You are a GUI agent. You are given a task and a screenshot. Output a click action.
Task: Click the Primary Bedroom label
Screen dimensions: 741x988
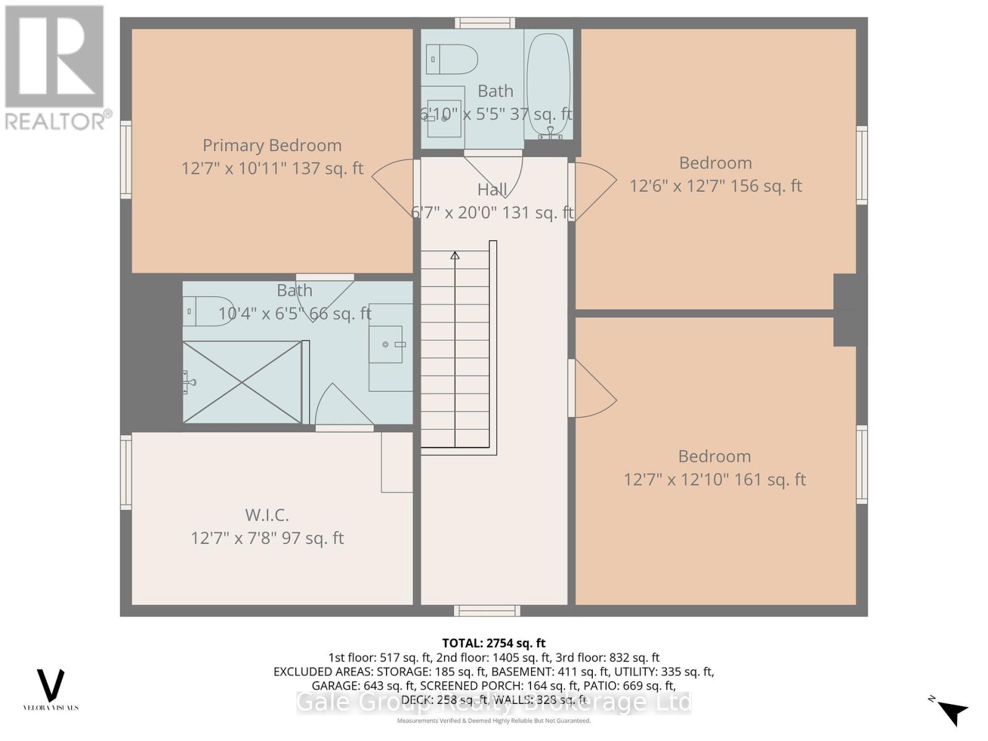(x=272, y=145)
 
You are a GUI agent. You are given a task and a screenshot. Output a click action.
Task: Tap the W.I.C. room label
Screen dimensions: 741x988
(x=267, y=514)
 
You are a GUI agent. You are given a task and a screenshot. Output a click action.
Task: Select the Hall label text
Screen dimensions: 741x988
(x=492, y=190)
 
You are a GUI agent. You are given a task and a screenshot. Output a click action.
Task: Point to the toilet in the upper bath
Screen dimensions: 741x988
(x=452, y=60)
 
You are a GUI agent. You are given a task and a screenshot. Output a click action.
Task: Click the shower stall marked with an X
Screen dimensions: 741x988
(x=242, y=382)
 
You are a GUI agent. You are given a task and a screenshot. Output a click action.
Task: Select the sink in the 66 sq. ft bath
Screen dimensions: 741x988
(x=387, y=345)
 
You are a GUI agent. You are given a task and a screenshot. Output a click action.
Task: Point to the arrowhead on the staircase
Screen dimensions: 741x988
(x=455, y=255)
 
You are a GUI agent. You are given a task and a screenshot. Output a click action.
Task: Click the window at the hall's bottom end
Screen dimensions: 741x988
(x=487, y=611)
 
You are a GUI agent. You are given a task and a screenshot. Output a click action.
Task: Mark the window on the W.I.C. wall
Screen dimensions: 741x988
(x=126, y=472)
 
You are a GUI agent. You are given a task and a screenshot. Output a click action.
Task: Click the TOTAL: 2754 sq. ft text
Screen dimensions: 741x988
(x=493, y=643)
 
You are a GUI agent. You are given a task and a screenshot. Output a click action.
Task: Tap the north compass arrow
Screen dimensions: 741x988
(x=952, y=712)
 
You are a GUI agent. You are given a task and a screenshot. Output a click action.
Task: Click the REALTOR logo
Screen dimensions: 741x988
(x=56, y=68)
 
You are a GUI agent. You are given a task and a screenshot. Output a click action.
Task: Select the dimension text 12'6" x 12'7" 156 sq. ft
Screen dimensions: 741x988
(x=715, y=186)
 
